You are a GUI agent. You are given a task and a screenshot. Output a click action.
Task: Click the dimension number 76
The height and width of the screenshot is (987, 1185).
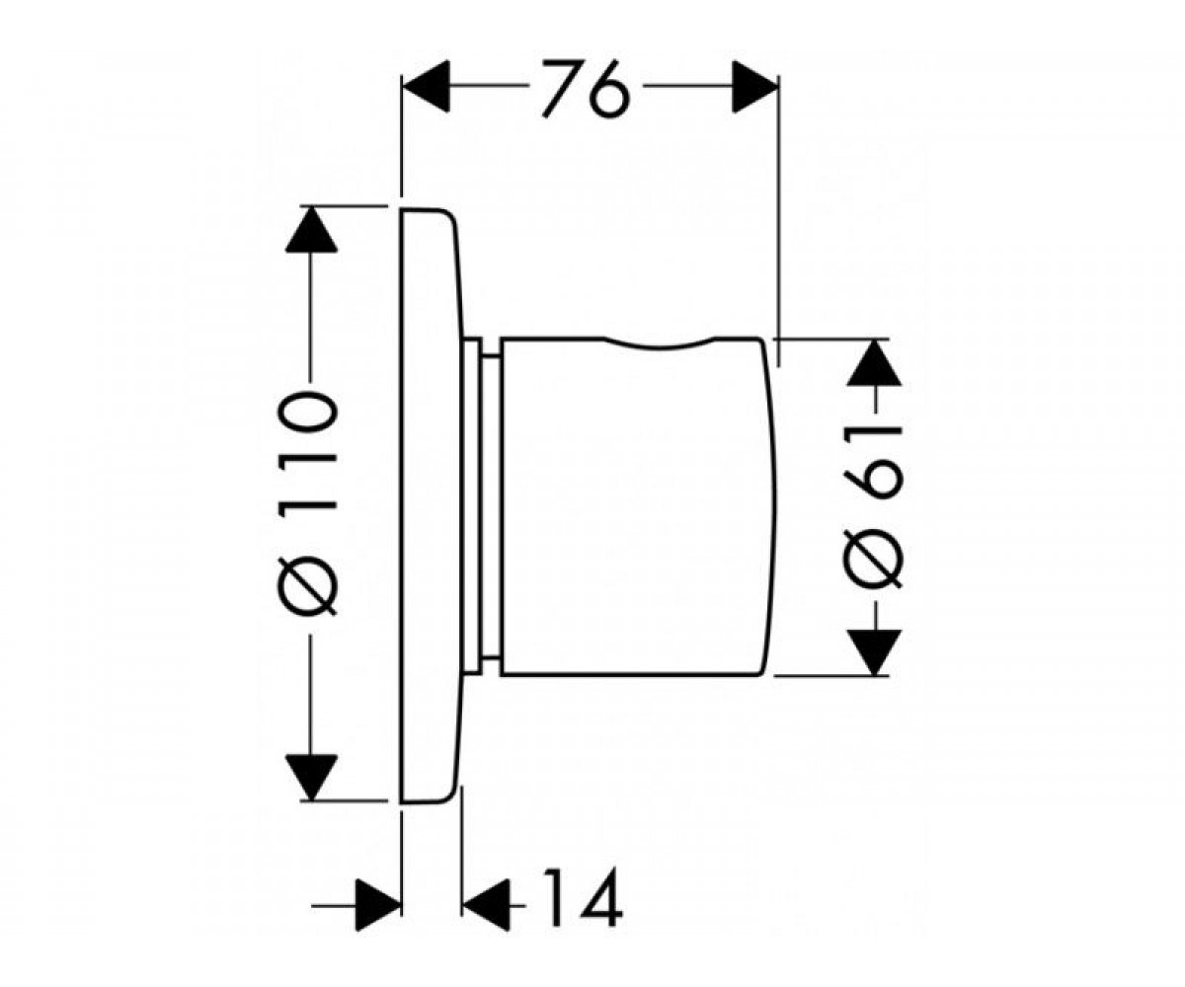[x=586, y=88]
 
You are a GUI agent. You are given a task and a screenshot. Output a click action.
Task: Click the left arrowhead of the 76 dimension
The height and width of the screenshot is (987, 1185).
[x=426, y=86]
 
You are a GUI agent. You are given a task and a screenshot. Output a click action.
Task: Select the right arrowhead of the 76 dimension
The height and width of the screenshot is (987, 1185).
[x=754, y=87]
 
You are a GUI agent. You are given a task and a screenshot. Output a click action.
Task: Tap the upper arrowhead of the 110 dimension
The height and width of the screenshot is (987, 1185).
[x=311, y=229]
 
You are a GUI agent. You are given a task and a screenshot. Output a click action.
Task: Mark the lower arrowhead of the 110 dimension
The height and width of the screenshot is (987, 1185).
[x=312, y=778]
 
